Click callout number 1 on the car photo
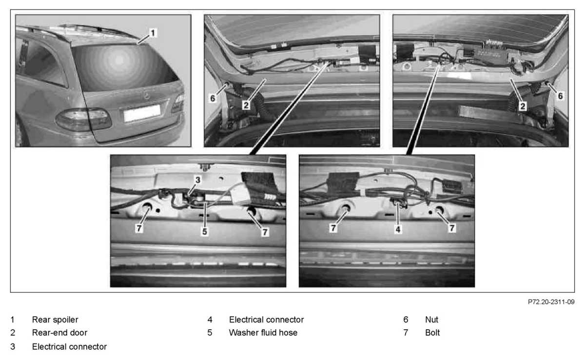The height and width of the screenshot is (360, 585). click(x=153, y=33)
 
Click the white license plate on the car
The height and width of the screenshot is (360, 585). click(x=142, y=113)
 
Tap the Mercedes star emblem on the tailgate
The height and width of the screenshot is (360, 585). click(x=147, y=96)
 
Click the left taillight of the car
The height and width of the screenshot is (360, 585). click(x=83, y=120)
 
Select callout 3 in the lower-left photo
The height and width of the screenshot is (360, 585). click(x=198, y=180)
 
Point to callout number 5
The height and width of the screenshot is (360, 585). click(x=204, y=231)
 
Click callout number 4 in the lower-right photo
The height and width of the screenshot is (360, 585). click(x=398, y=229)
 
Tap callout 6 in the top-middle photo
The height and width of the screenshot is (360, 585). click(x=213, y=98)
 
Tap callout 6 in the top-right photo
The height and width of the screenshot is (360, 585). click(x=560, y=96)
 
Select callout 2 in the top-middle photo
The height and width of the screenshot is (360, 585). click(x=246, y=105)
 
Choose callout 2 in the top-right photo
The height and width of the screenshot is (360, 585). click(x=522, y=106)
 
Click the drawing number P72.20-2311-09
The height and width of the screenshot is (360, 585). click(x=551, y=302)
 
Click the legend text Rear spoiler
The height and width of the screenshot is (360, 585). click(x=55, y=319)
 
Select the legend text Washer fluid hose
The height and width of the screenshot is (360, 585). click(x=263, y=332)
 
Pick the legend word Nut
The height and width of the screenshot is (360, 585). click(x=432, y=319)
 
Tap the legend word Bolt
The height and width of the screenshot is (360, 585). click(x=432, y=332)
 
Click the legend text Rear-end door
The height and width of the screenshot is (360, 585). click(x=59, y=332)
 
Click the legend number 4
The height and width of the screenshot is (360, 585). click(x=210, y=319)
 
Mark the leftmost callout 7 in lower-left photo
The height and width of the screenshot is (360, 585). click(x=139, y=228)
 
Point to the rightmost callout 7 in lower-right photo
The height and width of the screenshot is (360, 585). click(x=452, y=228)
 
